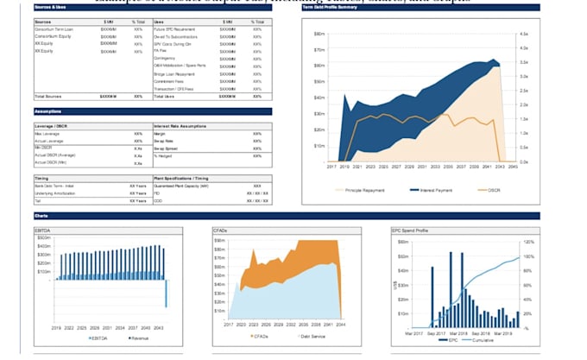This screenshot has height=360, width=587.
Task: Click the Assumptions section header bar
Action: [x=47, y=112]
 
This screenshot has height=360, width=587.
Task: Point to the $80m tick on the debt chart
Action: [x=319, y=34]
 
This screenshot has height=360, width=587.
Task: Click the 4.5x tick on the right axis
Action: [x=524, y=34]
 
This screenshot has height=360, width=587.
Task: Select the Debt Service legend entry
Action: [x=311, y=336]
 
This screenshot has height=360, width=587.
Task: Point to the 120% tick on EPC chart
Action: [x=528, y=243]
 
